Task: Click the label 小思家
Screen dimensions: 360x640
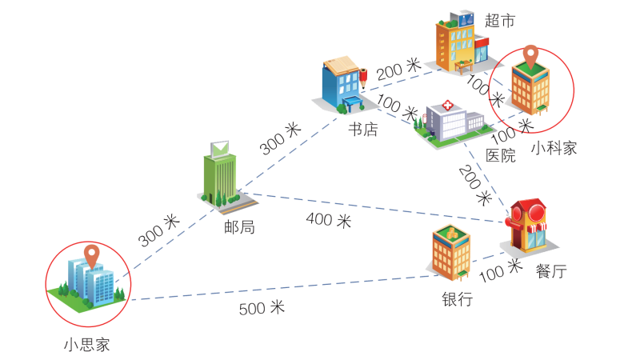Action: coord(87,346)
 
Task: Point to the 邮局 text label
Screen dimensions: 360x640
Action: coord(239,226)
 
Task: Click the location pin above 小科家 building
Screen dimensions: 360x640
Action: coord(530,57)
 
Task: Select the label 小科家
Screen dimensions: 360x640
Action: coord(554,147)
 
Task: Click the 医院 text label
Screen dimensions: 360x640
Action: coord(501,155)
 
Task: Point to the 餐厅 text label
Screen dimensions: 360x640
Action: coord(551,272)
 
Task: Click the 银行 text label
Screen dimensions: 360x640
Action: coord(457,299)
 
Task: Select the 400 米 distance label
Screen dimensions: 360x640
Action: coord(328,220)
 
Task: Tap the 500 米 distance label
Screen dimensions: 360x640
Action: coord(262,307)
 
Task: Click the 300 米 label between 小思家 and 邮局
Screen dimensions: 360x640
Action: coord(158,230)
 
